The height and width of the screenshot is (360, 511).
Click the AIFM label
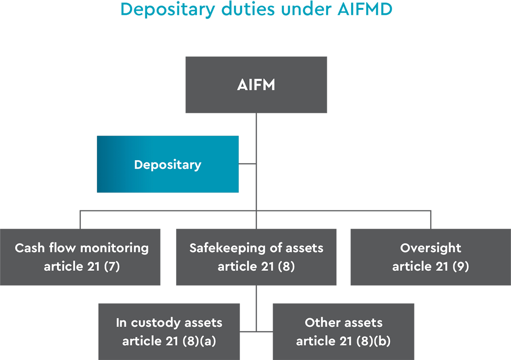coord(256,86)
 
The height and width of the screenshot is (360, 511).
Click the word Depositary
coord(168,164)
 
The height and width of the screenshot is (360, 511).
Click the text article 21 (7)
coord(82,267)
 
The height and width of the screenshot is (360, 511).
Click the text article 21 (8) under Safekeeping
coord(256,267)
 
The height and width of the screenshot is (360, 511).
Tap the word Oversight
coord(431,248)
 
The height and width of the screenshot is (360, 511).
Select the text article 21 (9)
coord(431,267)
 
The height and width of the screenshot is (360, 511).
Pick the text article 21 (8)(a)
coord(169,341)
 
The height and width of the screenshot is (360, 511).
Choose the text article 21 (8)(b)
coord(343,341)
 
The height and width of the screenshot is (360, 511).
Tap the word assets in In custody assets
coord(203,322)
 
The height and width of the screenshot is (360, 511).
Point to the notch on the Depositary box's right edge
coord(240,164)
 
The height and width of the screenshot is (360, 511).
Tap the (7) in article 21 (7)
coord(111,267)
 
